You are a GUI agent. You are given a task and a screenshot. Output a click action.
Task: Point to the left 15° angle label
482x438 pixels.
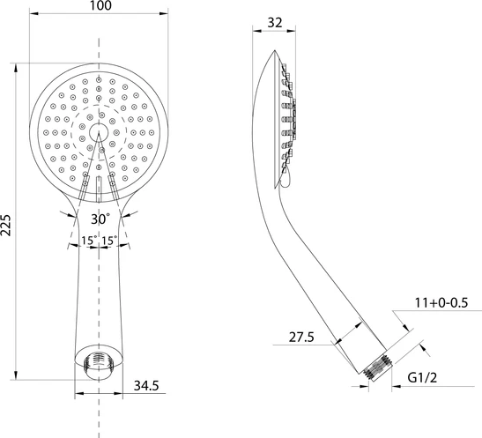coord(88,241)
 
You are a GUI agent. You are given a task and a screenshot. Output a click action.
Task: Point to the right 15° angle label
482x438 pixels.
coord(111,241)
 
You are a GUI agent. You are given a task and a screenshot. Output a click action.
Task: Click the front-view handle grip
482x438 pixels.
coord(99,291)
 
